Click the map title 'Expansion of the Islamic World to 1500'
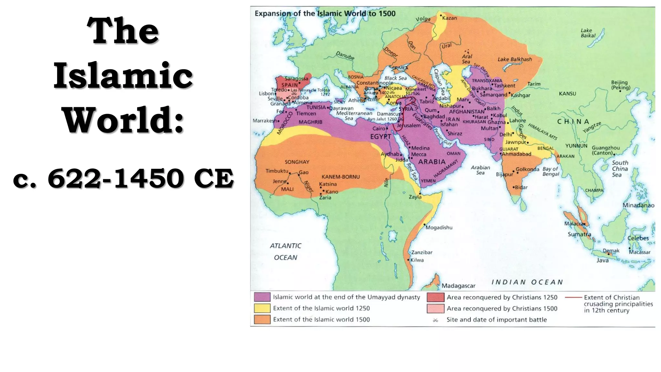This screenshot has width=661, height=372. click(x=325, y=14)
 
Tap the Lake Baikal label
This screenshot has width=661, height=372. click(x=588, y=33)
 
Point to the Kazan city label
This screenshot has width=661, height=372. click(x=449, y=18)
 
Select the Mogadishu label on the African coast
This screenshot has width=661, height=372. click(x=439, y=228)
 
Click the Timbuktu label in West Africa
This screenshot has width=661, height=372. click(x=277, y=171)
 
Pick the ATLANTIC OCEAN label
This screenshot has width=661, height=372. click(x=285, y=252)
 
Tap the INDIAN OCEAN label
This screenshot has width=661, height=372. click(x=527, y=282)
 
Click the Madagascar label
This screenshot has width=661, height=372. click(x=458, y=286)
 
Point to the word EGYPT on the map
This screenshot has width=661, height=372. click(x=381, y=137)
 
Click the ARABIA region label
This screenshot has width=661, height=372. click(x=432, y=162)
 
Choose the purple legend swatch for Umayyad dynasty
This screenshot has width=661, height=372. click(x=262, y=297)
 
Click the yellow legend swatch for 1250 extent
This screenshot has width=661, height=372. click(x=262, y=308)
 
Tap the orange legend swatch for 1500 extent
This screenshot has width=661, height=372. click(x=262, y=319)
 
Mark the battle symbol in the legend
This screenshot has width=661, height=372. click(x=435, y=320)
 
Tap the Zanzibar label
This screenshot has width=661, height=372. click(x=422, y=252)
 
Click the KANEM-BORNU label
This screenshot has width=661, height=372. click(x=341, y=177)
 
